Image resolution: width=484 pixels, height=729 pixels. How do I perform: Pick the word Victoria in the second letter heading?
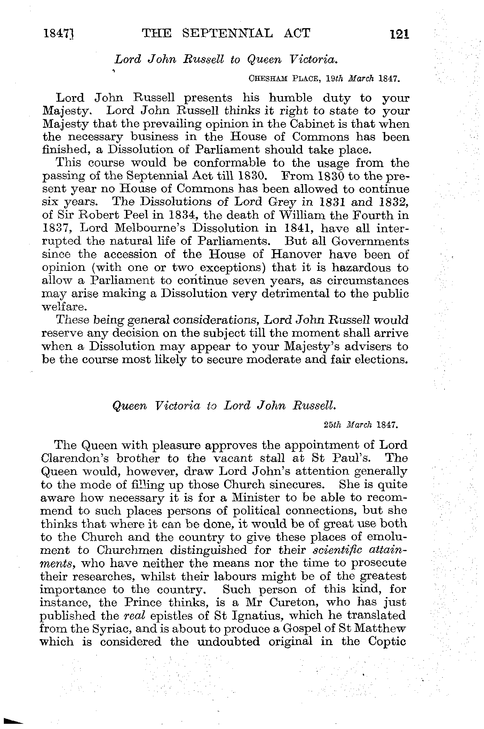coord(180,406)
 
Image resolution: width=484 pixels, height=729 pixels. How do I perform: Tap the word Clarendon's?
coord(75,458)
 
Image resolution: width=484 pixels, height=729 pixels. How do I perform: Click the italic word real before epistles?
coord(135,616)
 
